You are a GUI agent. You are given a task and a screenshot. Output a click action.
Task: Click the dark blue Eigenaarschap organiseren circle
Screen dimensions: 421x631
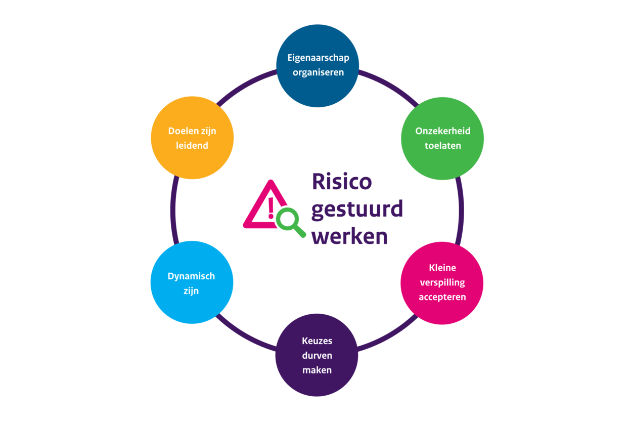click(x=318, y=65)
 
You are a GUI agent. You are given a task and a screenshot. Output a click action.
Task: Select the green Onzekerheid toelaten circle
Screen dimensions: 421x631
click(x=442, y=138)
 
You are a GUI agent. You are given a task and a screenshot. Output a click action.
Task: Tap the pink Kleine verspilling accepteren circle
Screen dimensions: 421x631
click(x=442, y=282)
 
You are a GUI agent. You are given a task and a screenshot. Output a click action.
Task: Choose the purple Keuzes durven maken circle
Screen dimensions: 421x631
click(x=317, y=355)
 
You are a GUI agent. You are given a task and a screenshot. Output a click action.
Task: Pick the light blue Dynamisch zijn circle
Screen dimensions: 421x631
click(x=192, y=282)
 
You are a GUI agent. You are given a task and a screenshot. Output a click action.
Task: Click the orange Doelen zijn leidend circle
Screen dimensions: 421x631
click(x=192, y=138)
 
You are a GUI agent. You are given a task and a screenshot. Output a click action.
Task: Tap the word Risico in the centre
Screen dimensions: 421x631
click(x=342, y=182)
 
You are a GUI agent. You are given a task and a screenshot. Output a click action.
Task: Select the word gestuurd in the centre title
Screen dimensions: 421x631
click(x=357, y=209)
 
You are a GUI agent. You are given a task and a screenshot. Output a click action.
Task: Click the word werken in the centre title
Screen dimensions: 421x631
click(x=349, y=236)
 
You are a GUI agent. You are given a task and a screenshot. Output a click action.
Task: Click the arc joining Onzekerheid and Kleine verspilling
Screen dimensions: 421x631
click(x=461, y=210)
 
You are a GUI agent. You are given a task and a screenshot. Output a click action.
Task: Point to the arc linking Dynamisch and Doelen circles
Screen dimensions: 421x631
click(x=173, y=210)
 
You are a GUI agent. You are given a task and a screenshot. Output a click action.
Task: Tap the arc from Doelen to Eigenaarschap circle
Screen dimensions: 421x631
click(x=245, y=85)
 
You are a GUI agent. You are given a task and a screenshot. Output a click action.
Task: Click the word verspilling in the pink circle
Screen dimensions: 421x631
click(x=442, y=282)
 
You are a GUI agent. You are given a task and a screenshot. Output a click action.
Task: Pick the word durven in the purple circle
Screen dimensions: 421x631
click(x=317, y=355)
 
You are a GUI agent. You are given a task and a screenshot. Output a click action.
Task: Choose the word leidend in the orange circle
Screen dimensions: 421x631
click(x=192, y=146)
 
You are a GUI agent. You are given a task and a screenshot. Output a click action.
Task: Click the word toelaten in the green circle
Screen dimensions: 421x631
click(x=443, y=146)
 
